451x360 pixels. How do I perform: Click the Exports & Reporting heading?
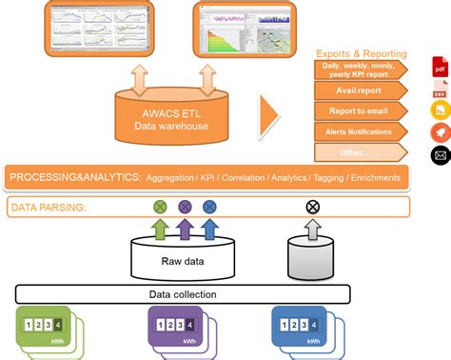(362, 54)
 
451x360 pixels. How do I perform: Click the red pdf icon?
(440, 68)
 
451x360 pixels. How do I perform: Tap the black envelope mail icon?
(440, 154)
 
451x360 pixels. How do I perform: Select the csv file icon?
(440, 90)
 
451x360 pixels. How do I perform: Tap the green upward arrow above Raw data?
(160, 230)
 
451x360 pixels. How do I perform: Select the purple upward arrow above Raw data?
(185, 230)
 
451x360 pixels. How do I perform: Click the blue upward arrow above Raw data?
(209, 230)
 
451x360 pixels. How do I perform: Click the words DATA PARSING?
(49, 207)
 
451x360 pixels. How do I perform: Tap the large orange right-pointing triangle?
(270, 115)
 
